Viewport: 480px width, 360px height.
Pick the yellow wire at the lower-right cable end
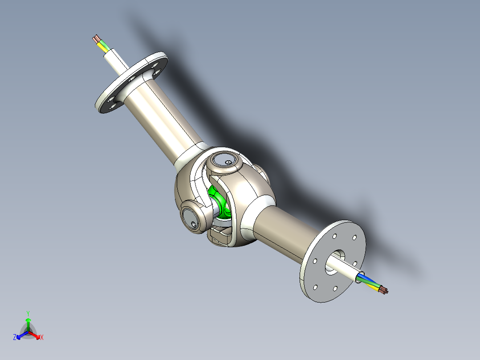[373, 286]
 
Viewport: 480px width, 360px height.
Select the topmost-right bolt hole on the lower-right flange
[355, 238]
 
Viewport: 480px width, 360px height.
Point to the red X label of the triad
[42, 338]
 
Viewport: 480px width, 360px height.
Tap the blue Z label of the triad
[15, 338]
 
